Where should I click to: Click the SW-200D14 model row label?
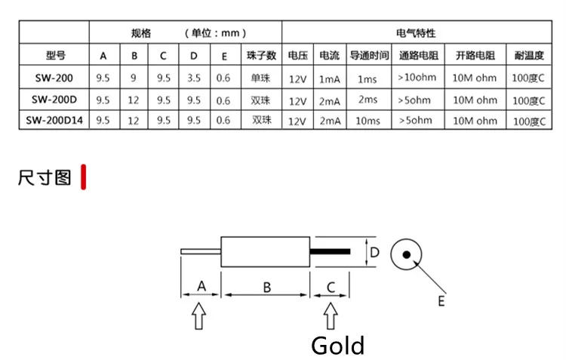(54, 120)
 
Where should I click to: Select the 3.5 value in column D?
(194, 78)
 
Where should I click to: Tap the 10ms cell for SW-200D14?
(368, 121)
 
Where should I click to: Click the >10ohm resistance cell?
(417, 78)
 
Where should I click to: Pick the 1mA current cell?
(330, 79)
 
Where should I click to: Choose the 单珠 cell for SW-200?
(260, 78)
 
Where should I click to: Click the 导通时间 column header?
(369, 56)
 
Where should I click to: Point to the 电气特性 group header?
(416, 33)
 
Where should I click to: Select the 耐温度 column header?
(529, 56)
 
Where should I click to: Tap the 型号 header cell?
(56, 56)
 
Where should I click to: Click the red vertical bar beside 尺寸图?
(83, 177)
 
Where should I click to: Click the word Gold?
(338, 346)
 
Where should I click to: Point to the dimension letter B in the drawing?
(266, 288)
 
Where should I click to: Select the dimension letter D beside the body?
(374, 252)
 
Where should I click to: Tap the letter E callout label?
(441, 301)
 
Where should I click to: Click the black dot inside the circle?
(407, 254)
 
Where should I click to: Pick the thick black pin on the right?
(330, 251)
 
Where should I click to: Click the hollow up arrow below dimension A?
(199, 316)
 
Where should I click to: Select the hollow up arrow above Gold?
(331, 316)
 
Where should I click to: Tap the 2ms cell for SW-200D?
(368, 100)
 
